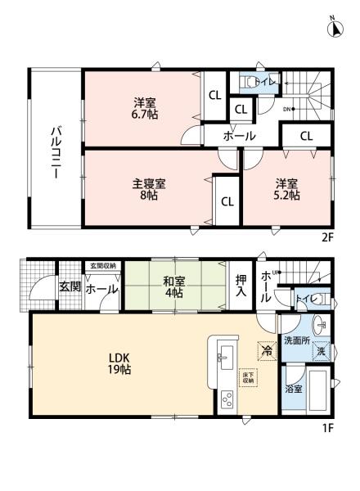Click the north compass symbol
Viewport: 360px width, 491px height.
click(335, 28)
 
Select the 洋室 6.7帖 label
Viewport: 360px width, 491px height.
click(147, 108)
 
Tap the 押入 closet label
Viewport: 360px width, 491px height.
click(241, 286)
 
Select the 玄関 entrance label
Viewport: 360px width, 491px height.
click(69, 288)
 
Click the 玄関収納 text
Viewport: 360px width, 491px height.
click(102, 266)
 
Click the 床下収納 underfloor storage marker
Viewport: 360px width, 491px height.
click(246, 378)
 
